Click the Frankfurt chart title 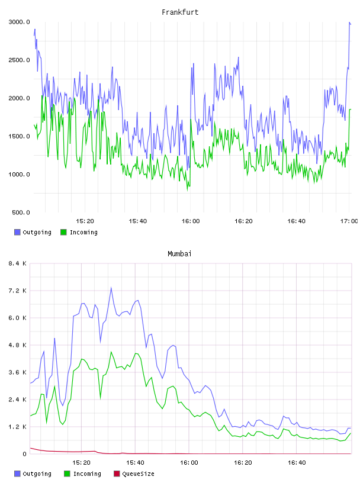(180, 12)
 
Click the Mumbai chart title (179, 253)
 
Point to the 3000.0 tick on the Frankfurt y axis (19, 22)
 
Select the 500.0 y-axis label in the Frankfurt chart (21, 212)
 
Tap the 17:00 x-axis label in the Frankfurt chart (349, 221)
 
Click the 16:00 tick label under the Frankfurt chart (191, 221)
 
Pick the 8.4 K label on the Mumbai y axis (17, 263)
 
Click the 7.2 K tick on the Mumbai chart (17, 291)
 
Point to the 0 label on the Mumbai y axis (24, 454)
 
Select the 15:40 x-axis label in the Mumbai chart (135, 462)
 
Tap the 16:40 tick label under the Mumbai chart (297, 462)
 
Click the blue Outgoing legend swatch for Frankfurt (17, 232)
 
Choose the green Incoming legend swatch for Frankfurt (63, 232)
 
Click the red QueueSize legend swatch (117, 474)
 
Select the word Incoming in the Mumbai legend (87, 474)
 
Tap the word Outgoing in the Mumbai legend (37, 474)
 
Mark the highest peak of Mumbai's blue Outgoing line (111, 288)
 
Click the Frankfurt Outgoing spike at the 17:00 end (349, 22)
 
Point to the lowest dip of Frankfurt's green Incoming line (187, 190)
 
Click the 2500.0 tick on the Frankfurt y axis (19, 60)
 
